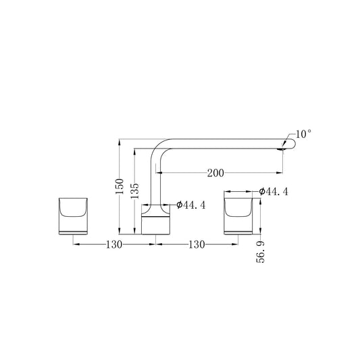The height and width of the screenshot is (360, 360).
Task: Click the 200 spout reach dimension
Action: point(215,173)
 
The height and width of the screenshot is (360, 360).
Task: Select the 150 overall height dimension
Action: point(120,186)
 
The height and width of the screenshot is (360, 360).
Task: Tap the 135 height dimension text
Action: point(134,190)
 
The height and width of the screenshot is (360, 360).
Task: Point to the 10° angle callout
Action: point(303,134)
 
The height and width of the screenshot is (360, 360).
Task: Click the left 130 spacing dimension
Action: point(114,245)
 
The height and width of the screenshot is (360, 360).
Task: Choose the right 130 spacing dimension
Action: point(197,245)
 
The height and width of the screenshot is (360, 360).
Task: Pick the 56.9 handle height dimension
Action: point(260,252)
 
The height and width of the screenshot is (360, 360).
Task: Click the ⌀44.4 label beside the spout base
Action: point(190,205)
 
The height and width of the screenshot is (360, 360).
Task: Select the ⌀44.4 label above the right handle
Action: point(274,191)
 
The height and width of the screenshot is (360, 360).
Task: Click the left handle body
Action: point(73,216)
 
